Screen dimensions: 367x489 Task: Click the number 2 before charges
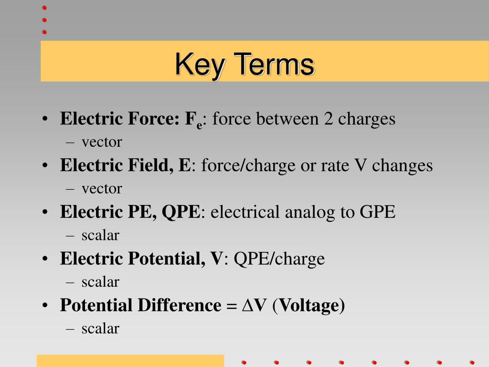click(329, 119)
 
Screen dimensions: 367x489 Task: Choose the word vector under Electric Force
click(102, 142)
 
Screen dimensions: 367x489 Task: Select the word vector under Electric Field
click(102, 189)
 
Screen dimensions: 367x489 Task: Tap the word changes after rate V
click(402, 165)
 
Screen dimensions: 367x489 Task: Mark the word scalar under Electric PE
click(100, 235)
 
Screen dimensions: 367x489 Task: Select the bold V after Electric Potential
click(216, 259)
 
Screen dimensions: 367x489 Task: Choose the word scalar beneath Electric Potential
click(100, 282)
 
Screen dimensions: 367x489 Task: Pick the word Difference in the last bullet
click(179, 305)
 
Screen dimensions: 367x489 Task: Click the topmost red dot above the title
click(44, 8)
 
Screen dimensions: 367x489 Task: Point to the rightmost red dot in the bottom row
click(472, 362)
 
